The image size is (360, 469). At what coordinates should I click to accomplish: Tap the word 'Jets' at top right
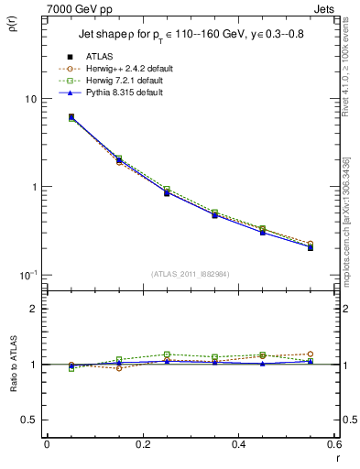pyautogui.click(x=325, y=7)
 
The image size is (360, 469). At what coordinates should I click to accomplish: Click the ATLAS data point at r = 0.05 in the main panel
pyautogui.click(x=71, y=117)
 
